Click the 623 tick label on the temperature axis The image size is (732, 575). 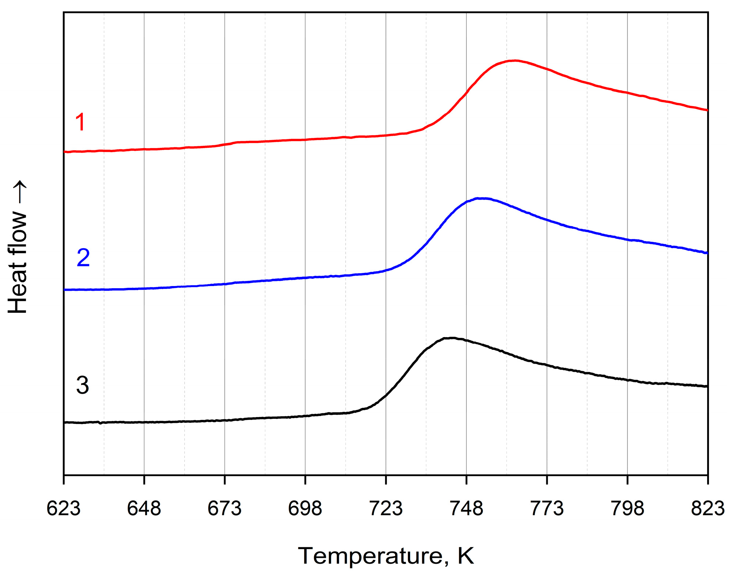[x=63, y=509]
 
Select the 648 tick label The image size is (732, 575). [x=144, y=509]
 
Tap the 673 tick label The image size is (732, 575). [x=224, y=509]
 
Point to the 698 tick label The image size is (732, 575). [x=305, y=509]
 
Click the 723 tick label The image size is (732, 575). [x=386, y=509]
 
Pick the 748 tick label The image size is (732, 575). [x=466, y=509]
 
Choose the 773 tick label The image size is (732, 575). [x=547, y=509]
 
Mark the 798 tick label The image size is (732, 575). [x=627, y=509]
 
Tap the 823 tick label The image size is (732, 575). [x=708, y=509]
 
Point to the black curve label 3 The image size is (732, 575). [x=82, y=385]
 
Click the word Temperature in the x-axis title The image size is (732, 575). [x=370, y=556]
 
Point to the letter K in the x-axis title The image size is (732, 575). [x=465, y=556]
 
